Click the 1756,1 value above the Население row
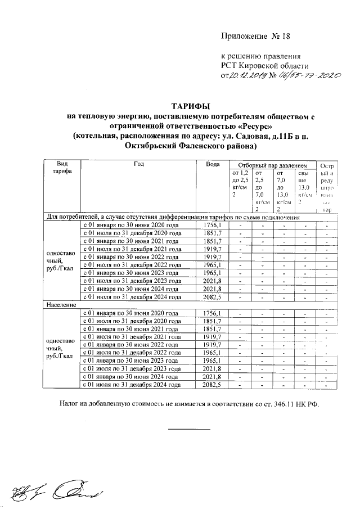point(211,225)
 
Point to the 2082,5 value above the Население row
point(211,296)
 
